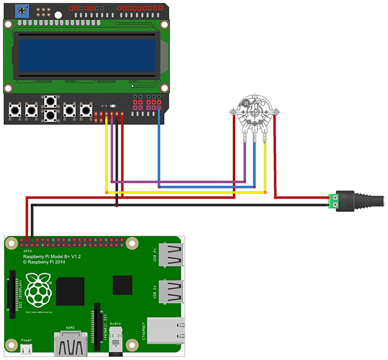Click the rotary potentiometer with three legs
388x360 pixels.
tap(252, 111)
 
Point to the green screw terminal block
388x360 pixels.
tap(335, 200)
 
